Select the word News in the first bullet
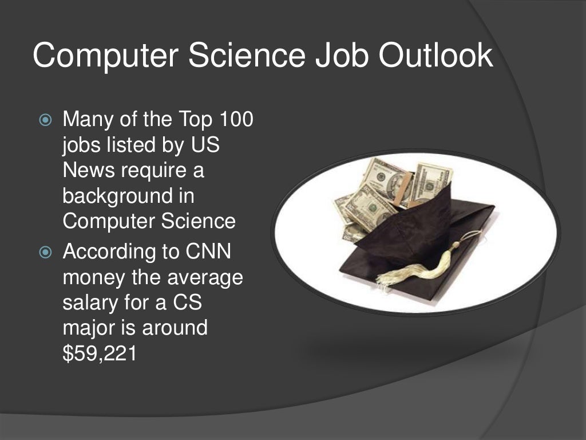point(87,171)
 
